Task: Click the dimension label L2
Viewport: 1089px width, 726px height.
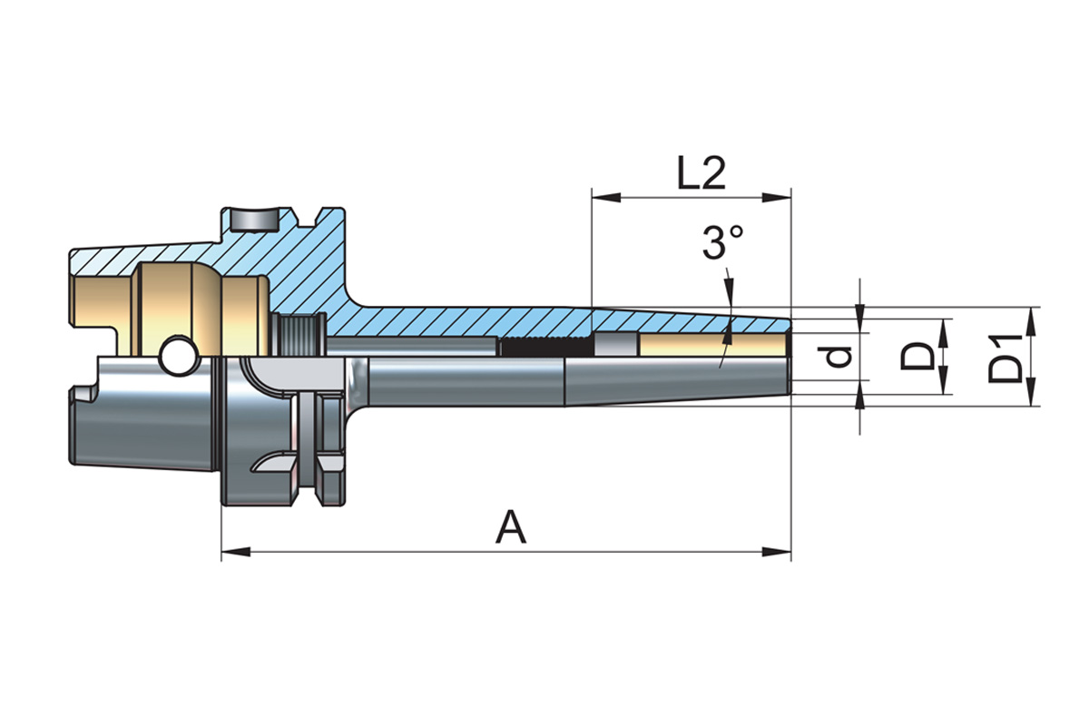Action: pyautogui.click(x=701, y=172)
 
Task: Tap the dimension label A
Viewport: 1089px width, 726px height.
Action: pyautogui.click(x=511, y=527)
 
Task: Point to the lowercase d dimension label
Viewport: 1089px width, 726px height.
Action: pyautogui.click(x=839, y=356)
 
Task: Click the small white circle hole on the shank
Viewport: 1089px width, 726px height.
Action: pyautogui.click(x=178, y=357)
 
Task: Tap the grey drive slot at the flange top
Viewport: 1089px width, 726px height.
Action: pyautogui.click(x=253, y=220)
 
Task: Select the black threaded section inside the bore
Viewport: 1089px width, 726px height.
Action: pyautogui.click(x=545, y=346)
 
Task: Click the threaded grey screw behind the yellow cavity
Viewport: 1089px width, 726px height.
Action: pyautogui.click(x=299, y=336)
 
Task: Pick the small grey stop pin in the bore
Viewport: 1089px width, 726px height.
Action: pyautogui.click(x=615, y=345)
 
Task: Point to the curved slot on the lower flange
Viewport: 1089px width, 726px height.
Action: pyautogui.click(x=272, y=464)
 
